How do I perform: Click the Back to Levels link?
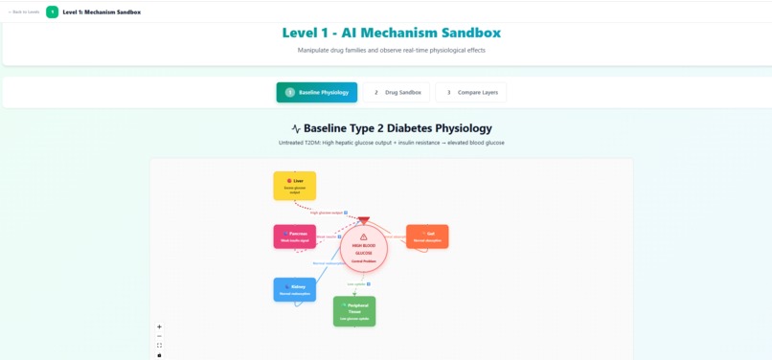point(23,11)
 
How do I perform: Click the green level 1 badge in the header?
point(52,11)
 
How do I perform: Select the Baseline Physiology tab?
point(317,92)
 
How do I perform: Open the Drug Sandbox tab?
point(397,92)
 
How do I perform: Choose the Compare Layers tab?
point(470,92)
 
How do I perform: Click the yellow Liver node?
point(294,186)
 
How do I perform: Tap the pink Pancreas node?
point(294,236)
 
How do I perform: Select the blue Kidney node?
point(294,289)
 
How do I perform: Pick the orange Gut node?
point(427,236)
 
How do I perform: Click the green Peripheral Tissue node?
point(354,311)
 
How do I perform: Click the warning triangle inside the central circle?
point(364,236)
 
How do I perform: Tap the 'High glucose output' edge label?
point(327,213)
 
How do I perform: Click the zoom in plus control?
point(159,326)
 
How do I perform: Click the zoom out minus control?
point(159,336)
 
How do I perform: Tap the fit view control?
point(159,346)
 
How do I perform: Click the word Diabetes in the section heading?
point(431,128)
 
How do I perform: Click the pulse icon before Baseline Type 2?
point(296,128)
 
